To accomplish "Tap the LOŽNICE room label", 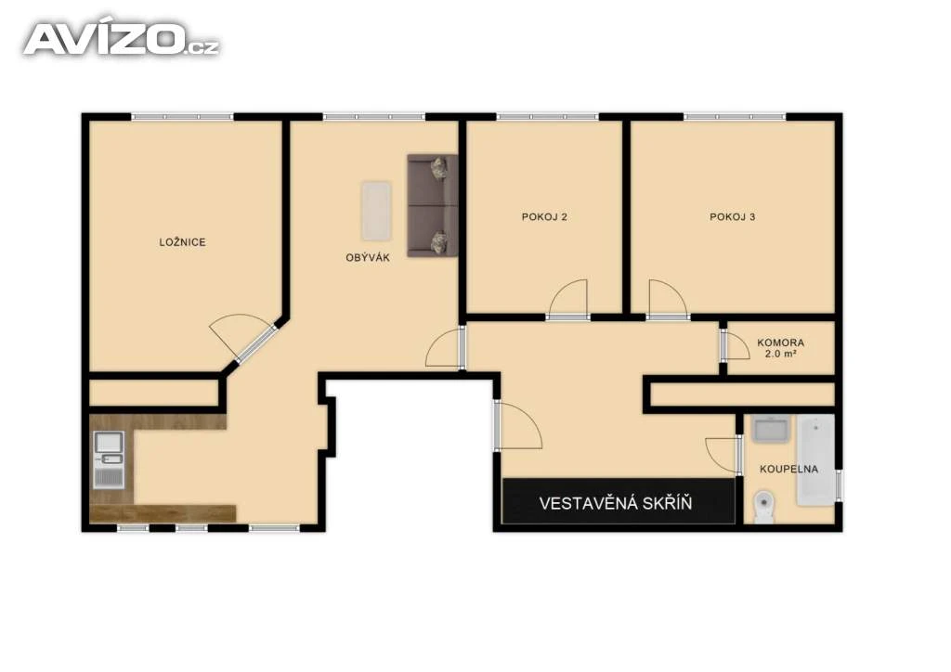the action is click(183, 241).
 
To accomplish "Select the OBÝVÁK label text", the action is click(368, 257).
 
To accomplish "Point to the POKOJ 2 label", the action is click(544, 216).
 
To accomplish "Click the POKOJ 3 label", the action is click(732, 216).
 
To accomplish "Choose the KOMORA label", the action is click(780, 342).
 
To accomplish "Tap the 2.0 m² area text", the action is click(780, 354).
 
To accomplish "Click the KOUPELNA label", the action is click(788, 469).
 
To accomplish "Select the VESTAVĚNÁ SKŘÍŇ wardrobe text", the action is click(615, 503).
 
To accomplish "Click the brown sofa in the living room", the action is click(433, 205).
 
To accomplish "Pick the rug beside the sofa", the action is click(376, 211).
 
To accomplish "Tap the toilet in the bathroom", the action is click(763, 507).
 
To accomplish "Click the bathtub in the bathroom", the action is click(815, 460).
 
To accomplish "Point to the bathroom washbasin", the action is click(770, 428).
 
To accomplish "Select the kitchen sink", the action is click(110, 459).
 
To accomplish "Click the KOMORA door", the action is click(736, 346).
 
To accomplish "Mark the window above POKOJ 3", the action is click(735, 116).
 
